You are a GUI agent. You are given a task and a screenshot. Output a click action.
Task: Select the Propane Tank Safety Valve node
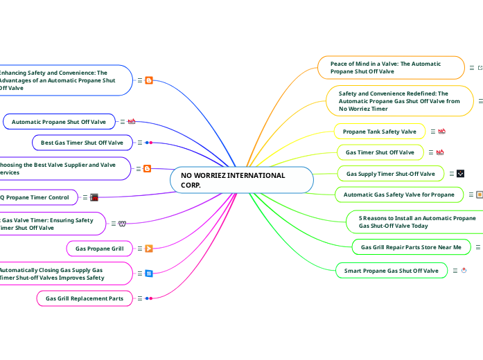click(x=379, y=131)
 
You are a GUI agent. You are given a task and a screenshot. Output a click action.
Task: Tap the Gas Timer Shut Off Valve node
click(x=380, y=152)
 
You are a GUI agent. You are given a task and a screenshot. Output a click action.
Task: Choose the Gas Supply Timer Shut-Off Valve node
click(x=390, y=174)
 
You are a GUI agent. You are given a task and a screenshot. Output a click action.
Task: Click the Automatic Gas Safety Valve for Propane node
click(x=398, y=195)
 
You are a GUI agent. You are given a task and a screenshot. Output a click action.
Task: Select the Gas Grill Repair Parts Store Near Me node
click(x=411, y=246)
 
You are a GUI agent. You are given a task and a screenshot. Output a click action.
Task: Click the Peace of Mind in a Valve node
click(x=392, y=67)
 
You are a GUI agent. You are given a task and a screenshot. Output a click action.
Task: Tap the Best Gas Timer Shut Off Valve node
click(x=82, y=143)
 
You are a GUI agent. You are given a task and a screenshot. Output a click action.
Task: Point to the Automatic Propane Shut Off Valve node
click(x=59, y=122)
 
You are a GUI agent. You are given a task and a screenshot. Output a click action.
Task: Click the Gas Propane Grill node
click(x=99, y=248)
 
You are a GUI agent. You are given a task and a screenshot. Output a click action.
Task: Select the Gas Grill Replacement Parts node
click(x=84, y=298)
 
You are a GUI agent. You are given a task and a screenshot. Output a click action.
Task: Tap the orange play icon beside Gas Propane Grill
click(x=149, y=248)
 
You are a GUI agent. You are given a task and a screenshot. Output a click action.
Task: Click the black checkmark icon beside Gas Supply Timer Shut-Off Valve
click(x=460, y=174)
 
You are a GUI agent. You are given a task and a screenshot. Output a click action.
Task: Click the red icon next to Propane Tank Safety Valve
click(x=441, y=131)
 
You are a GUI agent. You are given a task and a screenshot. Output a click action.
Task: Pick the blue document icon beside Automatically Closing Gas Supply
click(x=148, y=273)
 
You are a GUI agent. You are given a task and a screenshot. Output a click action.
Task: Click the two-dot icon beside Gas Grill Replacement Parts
click(x=148, y=298)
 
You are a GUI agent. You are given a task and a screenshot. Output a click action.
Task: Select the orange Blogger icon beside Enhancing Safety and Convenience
click(x=149, y=80)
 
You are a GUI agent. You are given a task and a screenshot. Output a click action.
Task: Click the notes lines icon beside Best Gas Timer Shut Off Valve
click(x=139, y=143)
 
